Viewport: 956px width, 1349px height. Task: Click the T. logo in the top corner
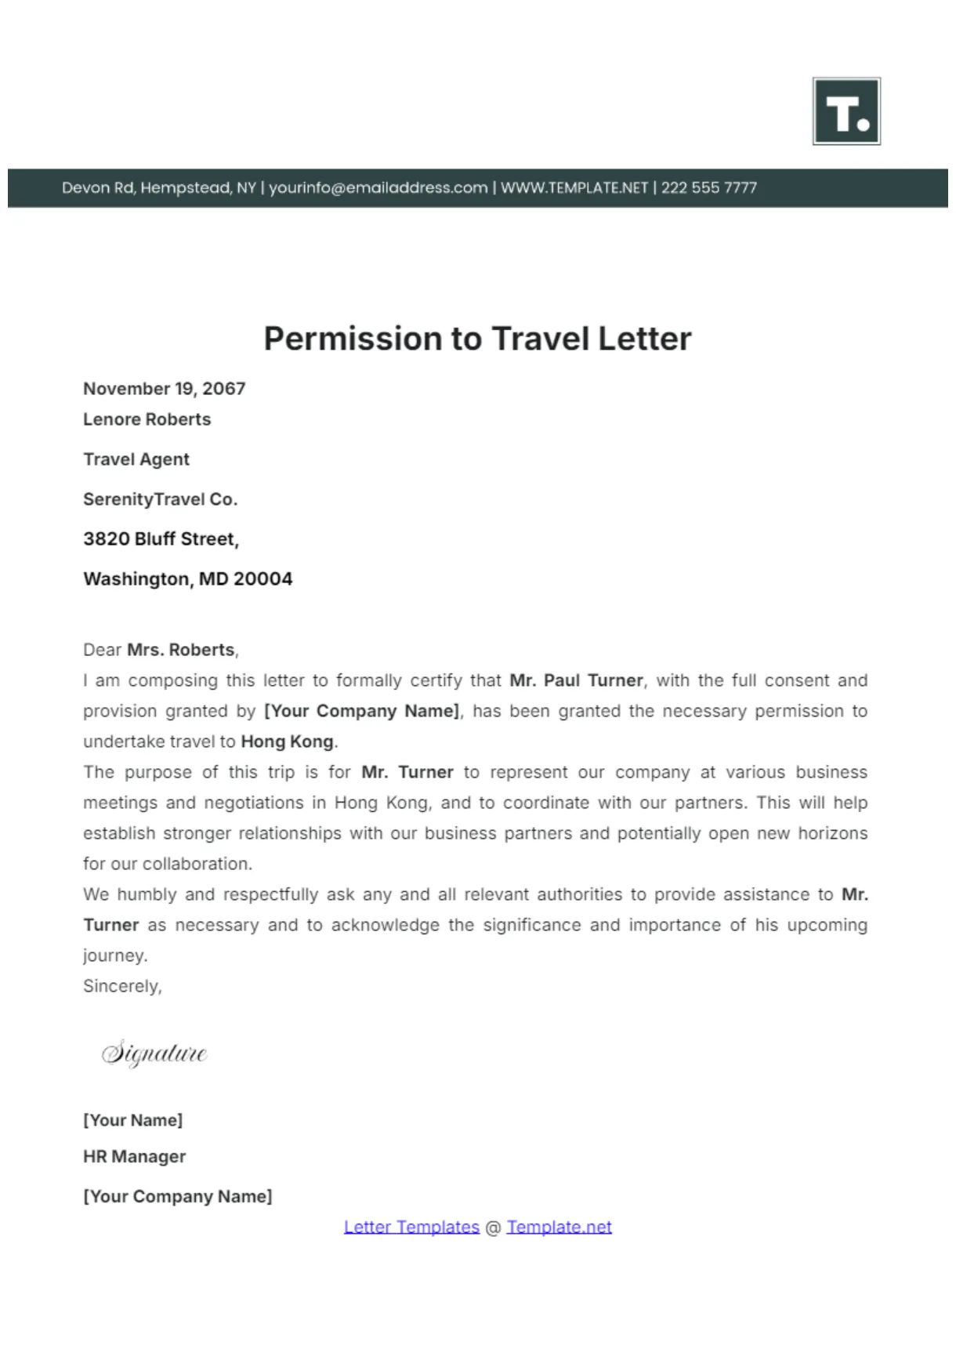(x=846, y=111)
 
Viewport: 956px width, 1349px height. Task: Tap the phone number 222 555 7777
(x=708, y=188)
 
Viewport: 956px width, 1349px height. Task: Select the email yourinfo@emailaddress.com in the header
(x=378, y=188)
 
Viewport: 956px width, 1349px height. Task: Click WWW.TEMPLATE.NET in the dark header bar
(x=574, y=188)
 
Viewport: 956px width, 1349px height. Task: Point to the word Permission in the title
(x=353, y=339)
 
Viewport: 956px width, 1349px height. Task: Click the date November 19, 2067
(x=165, y=389)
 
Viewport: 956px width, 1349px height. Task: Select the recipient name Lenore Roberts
(x=147, y=419)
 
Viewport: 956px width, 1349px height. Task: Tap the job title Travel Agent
(x=136, y=459)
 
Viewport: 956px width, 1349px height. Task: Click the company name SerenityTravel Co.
(x=160, y=499)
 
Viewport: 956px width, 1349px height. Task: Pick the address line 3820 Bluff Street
(x=161, y=539)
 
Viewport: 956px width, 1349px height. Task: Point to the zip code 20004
(x=263, y=579)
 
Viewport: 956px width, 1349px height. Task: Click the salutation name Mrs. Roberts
(x=181, y=650)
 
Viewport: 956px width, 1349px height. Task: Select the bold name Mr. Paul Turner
(x=576, y=680)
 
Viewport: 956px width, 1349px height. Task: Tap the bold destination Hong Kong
(x=288, y=742)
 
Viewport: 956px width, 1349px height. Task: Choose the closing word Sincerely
(x=122, y=986)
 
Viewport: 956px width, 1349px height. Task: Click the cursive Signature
(x=154, y=1053)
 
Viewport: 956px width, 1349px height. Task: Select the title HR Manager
(x=135, y=1157)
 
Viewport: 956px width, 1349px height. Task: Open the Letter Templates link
(x=411, y=1228)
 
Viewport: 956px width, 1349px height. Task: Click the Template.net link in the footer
(x=559, y=1228)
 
